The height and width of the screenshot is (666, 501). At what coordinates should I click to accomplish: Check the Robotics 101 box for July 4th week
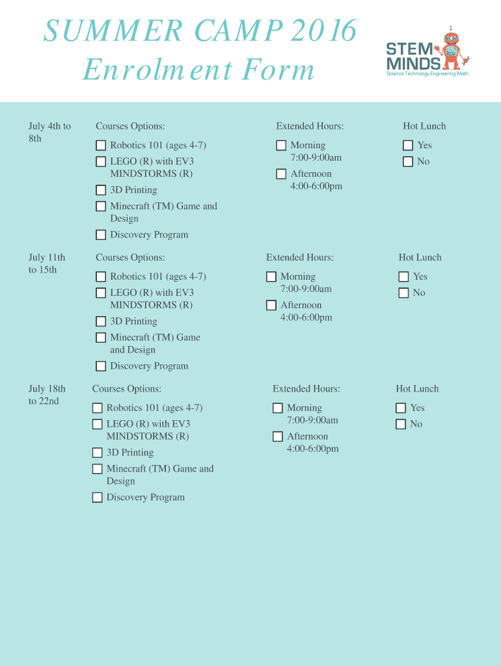[101, 146]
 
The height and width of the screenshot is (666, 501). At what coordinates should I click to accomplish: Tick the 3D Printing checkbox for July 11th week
[101, 321]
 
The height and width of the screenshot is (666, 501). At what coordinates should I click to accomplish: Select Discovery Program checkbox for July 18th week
[98, 498]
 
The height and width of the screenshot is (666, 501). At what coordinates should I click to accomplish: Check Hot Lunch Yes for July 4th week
[408, 146]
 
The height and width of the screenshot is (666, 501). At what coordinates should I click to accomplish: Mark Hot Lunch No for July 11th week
[404, 293]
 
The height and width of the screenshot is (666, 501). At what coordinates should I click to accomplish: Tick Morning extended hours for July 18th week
[278, 408]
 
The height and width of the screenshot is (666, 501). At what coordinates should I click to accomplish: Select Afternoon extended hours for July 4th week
[281, 174]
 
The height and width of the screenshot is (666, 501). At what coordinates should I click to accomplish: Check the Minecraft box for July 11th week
[101, 338]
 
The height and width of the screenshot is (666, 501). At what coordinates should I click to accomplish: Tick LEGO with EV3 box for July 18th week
[98, 425]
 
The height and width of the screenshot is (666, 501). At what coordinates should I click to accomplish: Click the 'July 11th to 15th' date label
[47, 263]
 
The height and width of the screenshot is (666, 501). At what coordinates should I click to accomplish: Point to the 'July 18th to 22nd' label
[47, 395]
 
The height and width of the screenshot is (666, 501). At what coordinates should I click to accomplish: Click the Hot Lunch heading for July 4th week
[424, 126]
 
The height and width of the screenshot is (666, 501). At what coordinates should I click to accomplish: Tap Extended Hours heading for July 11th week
[300, 258]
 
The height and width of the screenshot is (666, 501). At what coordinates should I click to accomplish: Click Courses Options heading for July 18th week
[127, 389]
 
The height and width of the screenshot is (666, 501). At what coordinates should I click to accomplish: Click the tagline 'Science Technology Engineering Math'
[427, 74]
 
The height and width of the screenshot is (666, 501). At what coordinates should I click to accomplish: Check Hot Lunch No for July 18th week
[401, 425]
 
